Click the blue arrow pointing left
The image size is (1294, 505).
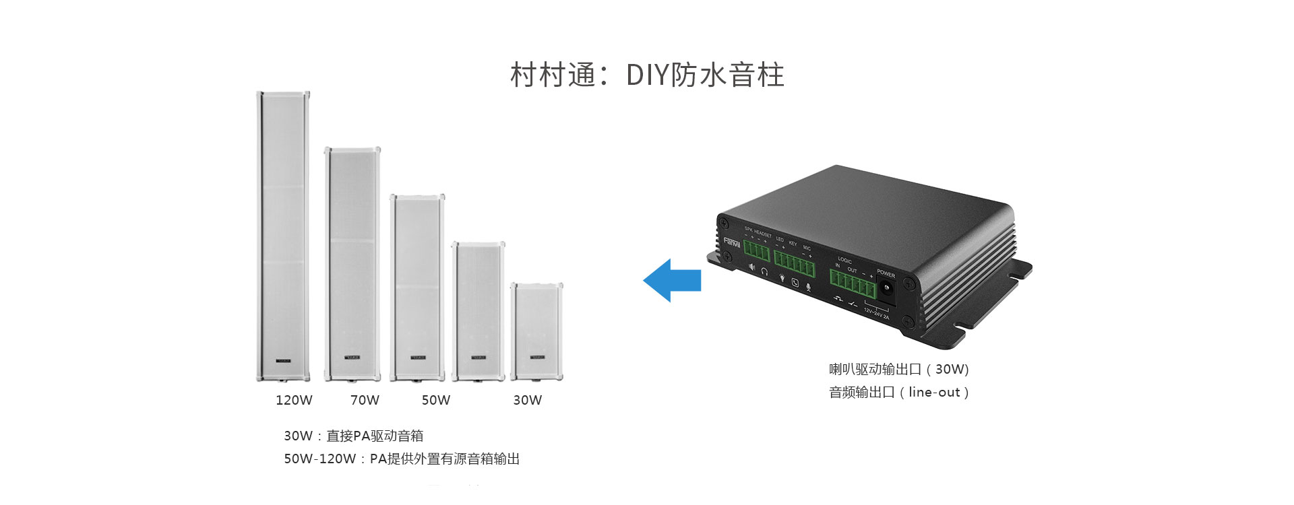tap(672, 280)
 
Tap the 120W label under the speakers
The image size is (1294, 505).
tap(294, 400)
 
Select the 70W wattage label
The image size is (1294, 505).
tap(365, 400)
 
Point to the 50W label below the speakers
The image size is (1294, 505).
tap(435, 400)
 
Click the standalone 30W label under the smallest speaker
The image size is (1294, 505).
tap(527, 400)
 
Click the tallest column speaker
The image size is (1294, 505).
tap(282, 236)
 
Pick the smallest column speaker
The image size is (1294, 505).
tap(536, 331)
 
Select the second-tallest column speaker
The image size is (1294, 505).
tap(352, 264)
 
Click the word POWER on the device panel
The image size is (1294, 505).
tap(886, 274)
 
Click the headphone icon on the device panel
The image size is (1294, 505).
tap(765, 271)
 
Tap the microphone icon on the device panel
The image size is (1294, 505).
tap(808, 287)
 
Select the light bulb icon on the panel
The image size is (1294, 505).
tap(782, 277)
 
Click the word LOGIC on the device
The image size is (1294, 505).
tap(844, 260)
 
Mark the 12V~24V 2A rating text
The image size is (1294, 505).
tap(877, 314)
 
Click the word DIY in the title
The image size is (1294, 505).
tap(647, 75)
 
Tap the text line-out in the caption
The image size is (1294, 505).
tap(933, 393)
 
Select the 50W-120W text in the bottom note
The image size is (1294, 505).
tap(319, 459)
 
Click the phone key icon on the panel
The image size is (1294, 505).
tap(795, 282)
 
